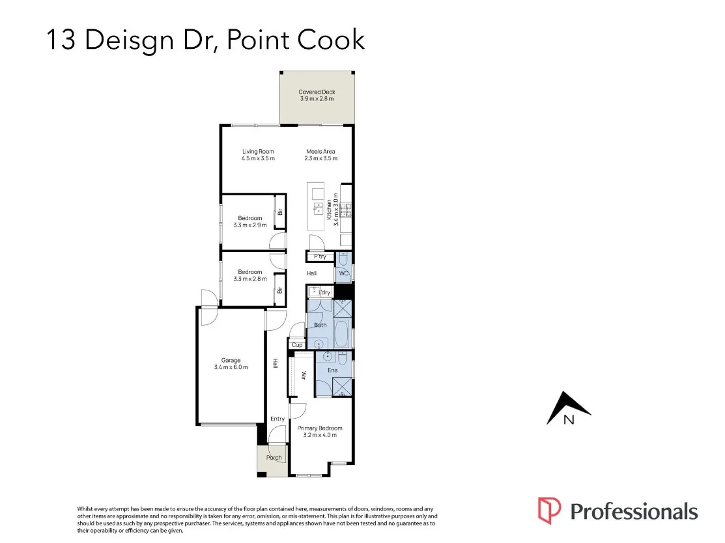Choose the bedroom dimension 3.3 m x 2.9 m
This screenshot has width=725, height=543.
point(250,225)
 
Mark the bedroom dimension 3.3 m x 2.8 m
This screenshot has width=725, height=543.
point(250,279)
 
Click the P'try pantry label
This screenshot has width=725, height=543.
point(320,257)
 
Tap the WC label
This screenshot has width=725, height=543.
point(344,273)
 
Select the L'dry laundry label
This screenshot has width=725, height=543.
point(324,293)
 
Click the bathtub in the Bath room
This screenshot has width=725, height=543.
point(342,333)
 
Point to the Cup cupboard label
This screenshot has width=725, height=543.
point(297,345)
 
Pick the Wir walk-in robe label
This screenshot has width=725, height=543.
point(304,376)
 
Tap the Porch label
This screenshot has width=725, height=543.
point(274,458)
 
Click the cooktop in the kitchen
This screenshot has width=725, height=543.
point(346,210)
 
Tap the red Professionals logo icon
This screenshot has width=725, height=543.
point(549,510)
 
